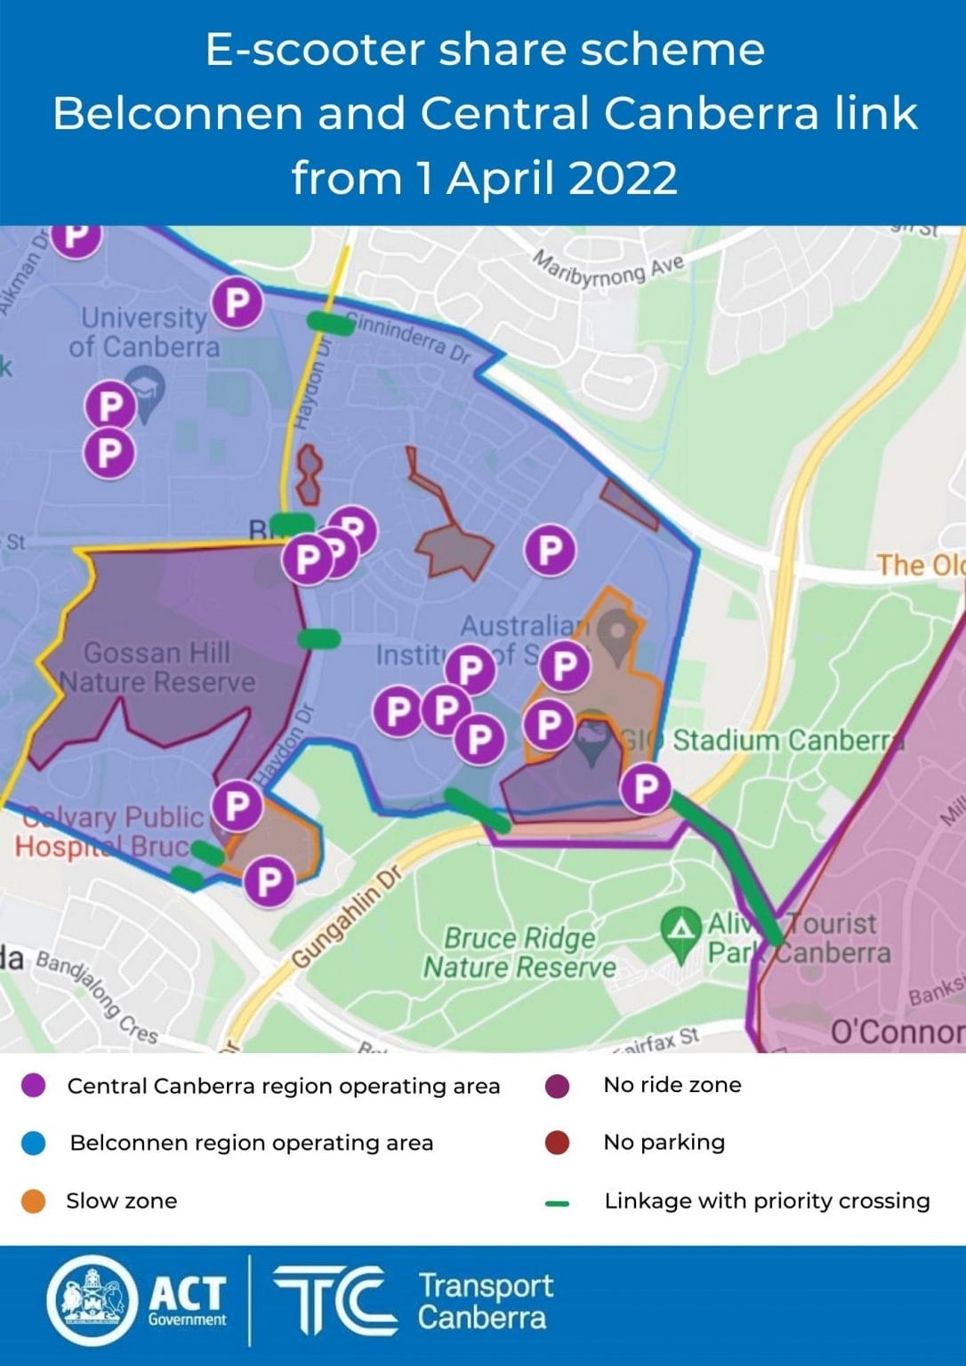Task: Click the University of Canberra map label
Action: coord(143,332)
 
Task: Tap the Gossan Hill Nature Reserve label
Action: coord(157,667)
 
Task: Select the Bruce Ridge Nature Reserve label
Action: coord(519,952)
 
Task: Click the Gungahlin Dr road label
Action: coord(348,916)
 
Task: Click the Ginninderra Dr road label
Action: coord(409,337)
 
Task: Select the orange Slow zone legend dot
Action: coord(33,1201)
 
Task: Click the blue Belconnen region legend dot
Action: coord(33,1144)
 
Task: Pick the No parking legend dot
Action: coord(557,1143)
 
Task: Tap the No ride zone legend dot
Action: coord(557,1085)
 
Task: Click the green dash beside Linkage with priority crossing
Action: coord(557,1203)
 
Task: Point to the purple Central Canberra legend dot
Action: coord(33,1086)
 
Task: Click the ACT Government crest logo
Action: coord(92,1299)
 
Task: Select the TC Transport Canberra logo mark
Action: coord(334,1300)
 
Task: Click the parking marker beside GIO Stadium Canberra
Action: coord(645,788)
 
